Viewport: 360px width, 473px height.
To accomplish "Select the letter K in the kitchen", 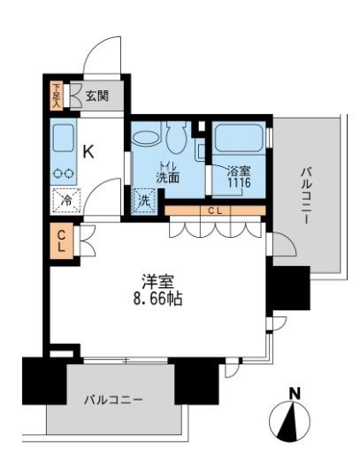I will tap(88, 150).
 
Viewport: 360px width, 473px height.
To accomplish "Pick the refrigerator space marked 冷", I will tap(65, 201).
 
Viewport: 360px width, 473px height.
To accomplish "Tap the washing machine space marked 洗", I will tap(143, 201).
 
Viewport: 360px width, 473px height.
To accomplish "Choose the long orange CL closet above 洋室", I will tap(215, 210).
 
